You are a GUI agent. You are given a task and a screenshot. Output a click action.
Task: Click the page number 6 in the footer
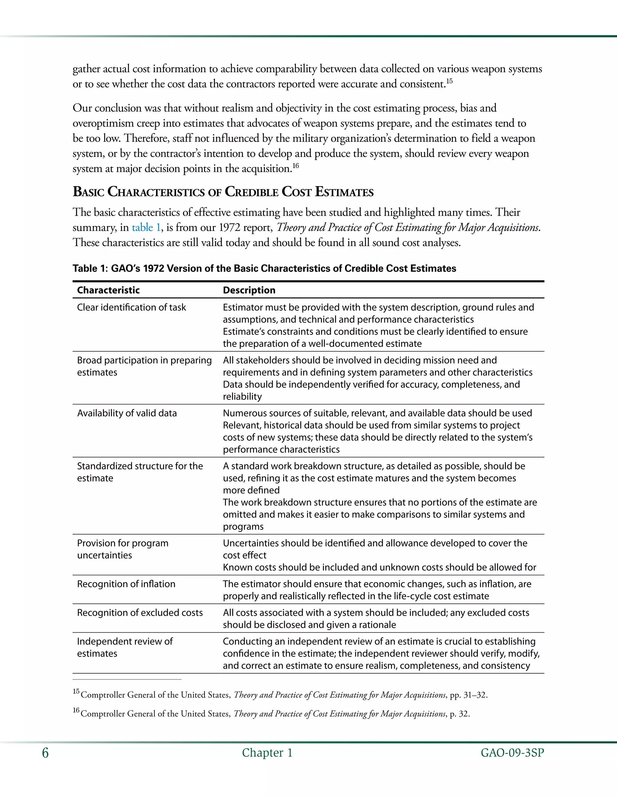[45, 753]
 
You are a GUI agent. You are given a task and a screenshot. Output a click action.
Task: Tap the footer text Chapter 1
[267, 753]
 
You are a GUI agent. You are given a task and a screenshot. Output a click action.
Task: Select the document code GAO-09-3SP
[512, 753]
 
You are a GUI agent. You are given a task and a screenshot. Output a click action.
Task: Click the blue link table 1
[146, 228]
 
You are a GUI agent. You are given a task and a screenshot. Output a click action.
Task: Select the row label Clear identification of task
[131, 307]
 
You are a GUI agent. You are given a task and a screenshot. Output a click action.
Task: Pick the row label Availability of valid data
[127, 413]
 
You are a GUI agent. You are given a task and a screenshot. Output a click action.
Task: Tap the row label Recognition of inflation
[126, 584]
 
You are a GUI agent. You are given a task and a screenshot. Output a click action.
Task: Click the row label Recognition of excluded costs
[139, 613]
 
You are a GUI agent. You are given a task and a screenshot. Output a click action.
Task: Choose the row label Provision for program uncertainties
[122, 549]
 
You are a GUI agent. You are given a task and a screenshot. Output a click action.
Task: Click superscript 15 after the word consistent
[449, 81]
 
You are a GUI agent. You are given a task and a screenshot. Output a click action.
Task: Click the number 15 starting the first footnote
[76, 691]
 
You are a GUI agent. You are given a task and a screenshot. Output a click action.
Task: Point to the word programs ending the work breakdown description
[243, 526]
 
